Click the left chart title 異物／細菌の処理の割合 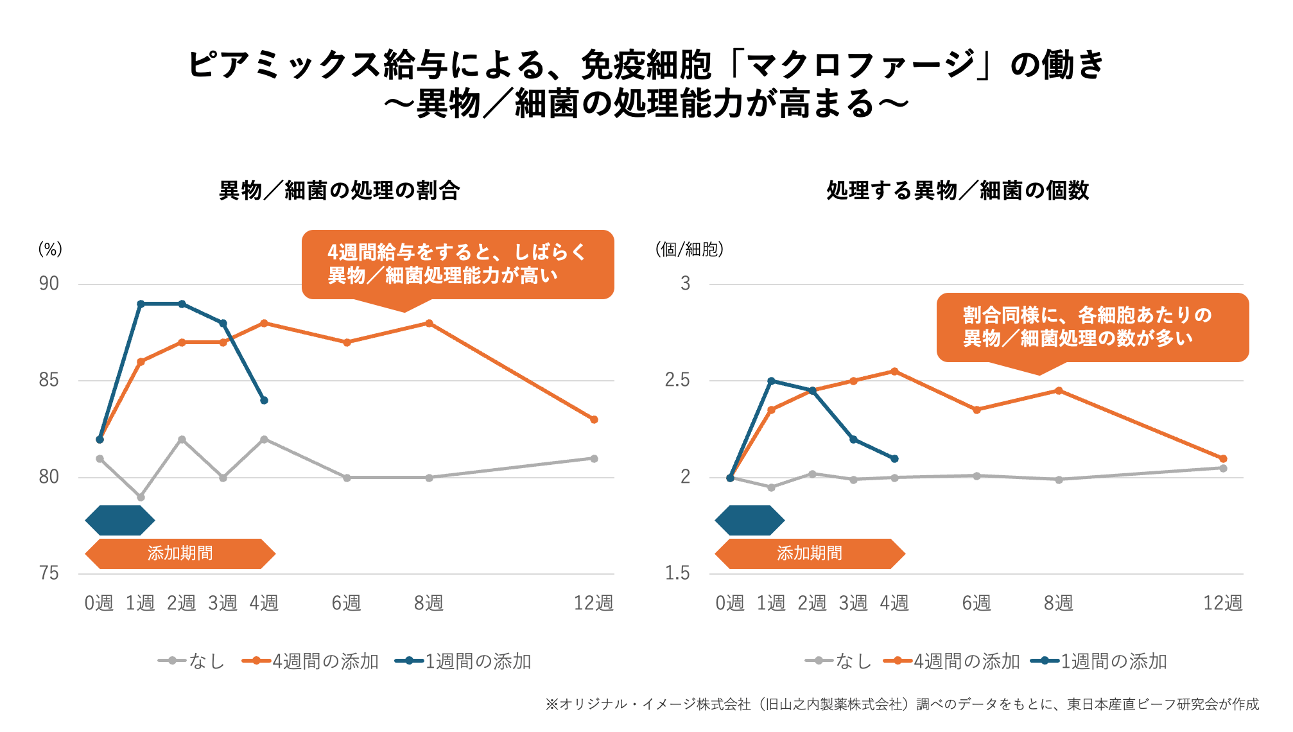(339, 191)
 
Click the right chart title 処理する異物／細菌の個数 (957, 191)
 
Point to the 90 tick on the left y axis (49, 284)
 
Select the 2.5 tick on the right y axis (677, 380)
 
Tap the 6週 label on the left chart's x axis (346, 603)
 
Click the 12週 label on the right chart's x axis (1222, 603)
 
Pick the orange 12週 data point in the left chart (594, 420)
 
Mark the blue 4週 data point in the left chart (264, 401)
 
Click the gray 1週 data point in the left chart (141, 497)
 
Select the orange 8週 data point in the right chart (1059, 390)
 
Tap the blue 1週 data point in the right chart (771, 381)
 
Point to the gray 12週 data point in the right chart (1223, 468)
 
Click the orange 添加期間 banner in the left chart (180, 553)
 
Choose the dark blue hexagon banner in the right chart (749, 520)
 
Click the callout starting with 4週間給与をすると (457, 264)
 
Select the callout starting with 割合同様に (1092, 327)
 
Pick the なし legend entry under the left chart (192, 661)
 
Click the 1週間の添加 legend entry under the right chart (1099, 661)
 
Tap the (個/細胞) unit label (690, 249)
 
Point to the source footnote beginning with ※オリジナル (902, 704)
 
